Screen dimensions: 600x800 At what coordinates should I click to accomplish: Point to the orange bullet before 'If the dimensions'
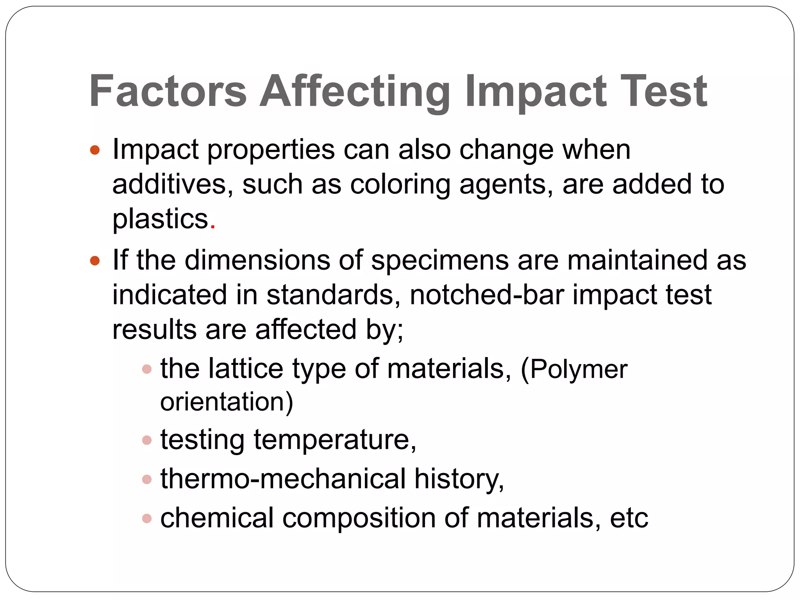click(x=95, y=261)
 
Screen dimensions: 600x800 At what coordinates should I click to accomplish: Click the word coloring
click(x=400, y=184)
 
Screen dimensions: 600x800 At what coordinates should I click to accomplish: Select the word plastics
click(x=161, y=219)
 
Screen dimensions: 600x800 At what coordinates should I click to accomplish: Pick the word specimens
click(x=440, y=261)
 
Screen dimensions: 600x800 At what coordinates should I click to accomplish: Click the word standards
click(x=330, y=295)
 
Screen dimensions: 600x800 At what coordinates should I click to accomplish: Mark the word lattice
click(x=246, y=368)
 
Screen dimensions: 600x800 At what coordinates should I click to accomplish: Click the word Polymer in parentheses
click(x=579, y=369)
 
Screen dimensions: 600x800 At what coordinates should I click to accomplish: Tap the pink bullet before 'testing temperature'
click(x=147, y=440)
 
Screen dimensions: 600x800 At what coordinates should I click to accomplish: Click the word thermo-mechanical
click(x=283, y=479)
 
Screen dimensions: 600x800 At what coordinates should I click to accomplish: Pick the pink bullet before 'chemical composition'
click(x=147, y=518)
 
